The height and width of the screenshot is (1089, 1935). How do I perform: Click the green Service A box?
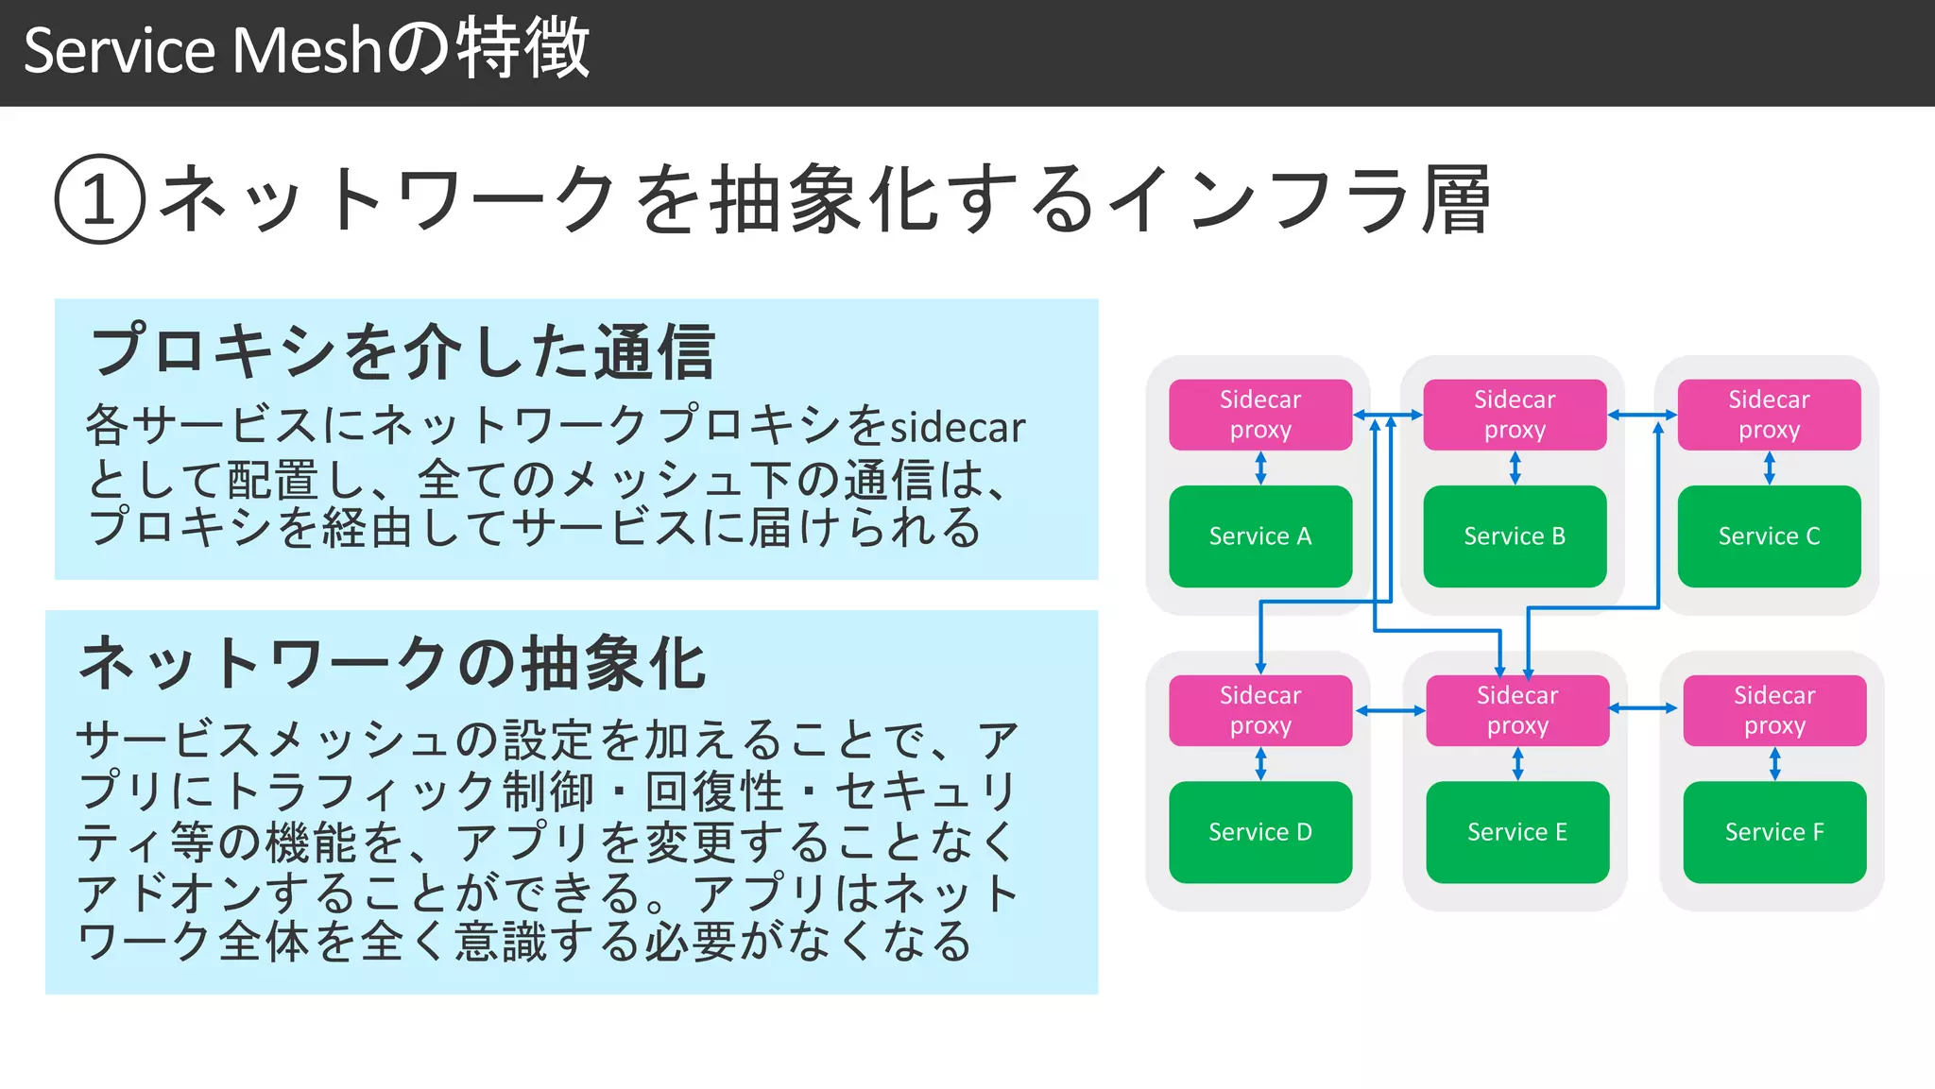click(1259, 536)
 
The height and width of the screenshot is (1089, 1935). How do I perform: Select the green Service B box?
click(1514, 536)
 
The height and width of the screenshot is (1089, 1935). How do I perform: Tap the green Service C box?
click(1769, 536)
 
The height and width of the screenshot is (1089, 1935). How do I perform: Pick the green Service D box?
click(1259, 832)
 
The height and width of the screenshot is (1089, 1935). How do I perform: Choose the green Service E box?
click(1516, 832)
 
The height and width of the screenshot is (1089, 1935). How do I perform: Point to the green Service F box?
click(1773, 832)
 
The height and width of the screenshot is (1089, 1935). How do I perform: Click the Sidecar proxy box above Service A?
click(1259, 415)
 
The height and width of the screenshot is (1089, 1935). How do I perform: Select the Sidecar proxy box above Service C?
click(1769, 415)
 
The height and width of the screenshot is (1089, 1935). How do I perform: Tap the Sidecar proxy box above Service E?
click(1516, 710)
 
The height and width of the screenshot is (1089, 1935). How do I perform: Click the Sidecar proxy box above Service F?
click(1773, 710)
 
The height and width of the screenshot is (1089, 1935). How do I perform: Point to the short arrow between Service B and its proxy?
click(1515, 468)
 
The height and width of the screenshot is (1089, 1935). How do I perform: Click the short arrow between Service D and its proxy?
click(1260, 764)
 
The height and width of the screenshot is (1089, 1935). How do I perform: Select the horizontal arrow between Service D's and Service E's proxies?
click(1390, 710)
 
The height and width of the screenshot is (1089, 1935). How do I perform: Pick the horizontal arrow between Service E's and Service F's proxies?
click(1643, 707)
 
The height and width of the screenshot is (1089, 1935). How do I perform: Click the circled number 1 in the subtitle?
click(100, 199)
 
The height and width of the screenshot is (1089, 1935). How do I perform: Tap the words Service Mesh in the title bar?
click(201, 51)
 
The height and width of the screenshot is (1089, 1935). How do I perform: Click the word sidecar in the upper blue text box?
click(957, 428)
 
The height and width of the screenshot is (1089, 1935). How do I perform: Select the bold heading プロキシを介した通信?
click(402, 351)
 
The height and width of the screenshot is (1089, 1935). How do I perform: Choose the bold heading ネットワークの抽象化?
click(392, 663)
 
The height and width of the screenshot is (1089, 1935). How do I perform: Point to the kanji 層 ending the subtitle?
click(1456, 199)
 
